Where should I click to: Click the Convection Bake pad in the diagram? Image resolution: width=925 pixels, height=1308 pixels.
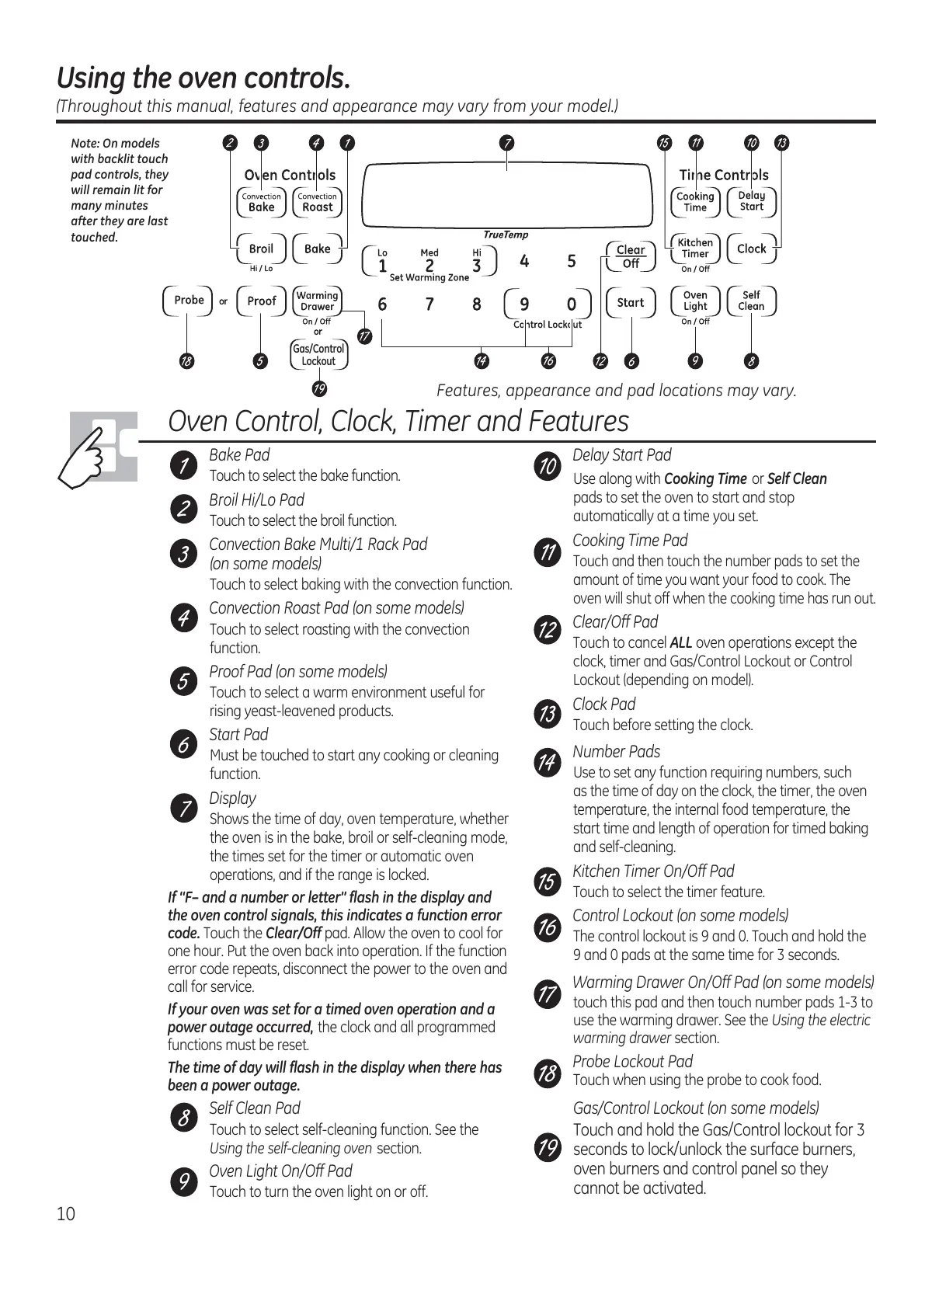pyautogui.click(x=261, y=203)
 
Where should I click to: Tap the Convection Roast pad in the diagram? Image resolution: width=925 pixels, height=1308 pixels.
pyautogui.click(x=317, y=203)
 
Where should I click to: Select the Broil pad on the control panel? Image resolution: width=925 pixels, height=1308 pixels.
pyautogui.click(x=261, y=249)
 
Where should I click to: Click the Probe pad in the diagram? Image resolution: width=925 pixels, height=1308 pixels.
pyautogui.click(x=189, y=301)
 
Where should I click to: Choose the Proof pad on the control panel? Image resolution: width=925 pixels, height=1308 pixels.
pyautogui.click(x=261, y=301)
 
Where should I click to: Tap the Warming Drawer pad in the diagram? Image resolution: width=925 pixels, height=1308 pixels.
pyautogui.click(x=317, y=301)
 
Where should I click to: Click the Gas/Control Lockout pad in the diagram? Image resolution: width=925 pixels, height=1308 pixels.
pyautogui.click(x=318, y=355)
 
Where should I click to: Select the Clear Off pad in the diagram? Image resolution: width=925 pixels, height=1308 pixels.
pyautogui.click(x=631, y=256)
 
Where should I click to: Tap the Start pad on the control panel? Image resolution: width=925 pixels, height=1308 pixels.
pyautogui.click(x=631, y=303)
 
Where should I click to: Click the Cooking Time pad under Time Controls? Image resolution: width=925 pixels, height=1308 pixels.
pyautogui.click(x=695, y=202)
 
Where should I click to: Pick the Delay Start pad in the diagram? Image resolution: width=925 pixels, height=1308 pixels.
pyautogui.click(x=751, y=202)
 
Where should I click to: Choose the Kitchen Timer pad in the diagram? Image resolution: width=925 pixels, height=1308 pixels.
pyautogui.click(x=695, y=249)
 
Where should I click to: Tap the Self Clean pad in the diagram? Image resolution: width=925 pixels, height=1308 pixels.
pyautogui.click(x=751, y=301)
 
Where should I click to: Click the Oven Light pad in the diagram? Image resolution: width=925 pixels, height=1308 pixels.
pyautogui.click(x=695, y=301)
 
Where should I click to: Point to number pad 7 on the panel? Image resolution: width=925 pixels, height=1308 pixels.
pyautogui.click(x=429, y=304)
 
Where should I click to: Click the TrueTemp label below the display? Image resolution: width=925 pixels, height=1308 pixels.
pyautogui.click(x=506, y=235)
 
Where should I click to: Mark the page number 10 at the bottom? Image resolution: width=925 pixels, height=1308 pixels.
pyautogui.click(x=66, y=1214)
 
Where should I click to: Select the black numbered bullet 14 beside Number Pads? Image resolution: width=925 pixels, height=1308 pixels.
pyautogui.click(x=547, y=762)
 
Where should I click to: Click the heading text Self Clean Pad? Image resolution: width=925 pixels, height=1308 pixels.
pyautogui.click(x=255, y=1108)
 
